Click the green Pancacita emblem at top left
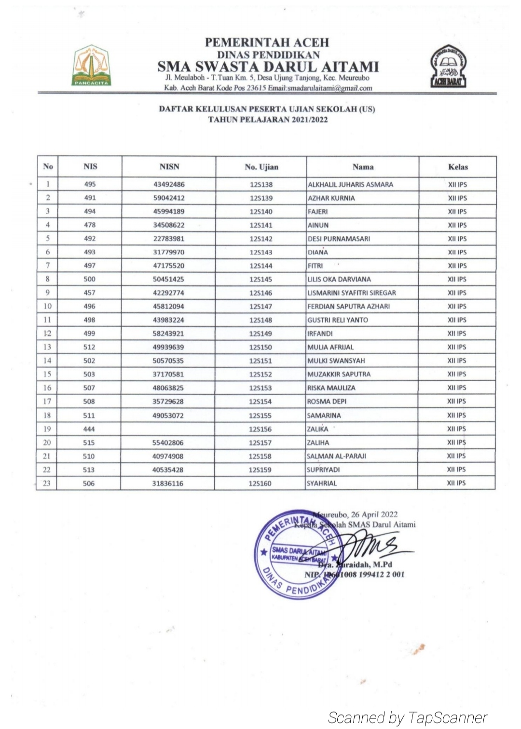coord(91,66)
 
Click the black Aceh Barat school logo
coord(448,67)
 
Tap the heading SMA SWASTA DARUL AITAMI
coord(268,66)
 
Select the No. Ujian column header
coord(261,167)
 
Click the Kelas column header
coord(457,167)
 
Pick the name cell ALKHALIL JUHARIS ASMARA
coord(350,184)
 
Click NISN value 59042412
coord(169,198)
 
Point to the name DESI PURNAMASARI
coord(339,238)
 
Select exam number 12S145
coord(261,279)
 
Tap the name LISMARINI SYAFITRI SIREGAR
coord(351,292)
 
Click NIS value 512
coord(89,347)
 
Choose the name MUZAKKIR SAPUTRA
coord(339,374)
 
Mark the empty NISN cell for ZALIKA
coord(168,429)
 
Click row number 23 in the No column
coord(47,483)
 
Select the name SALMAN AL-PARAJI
coord(336,456)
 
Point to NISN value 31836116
coord(167,483)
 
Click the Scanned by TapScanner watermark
coord(408,717)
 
